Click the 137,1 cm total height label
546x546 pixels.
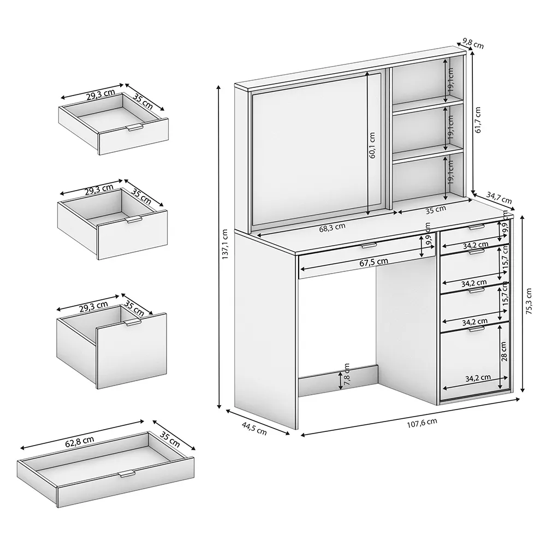click(225, 244)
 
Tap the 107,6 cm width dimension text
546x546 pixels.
click(422, 423)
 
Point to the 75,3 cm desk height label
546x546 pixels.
click(529, 301)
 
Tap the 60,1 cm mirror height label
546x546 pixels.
click(372, 145)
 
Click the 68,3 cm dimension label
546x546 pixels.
click(333, 227)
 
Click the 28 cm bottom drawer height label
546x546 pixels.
click(503, 351)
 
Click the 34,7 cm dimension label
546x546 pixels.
click(499, 198)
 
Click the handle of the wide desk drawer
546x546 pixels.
click(369, 246)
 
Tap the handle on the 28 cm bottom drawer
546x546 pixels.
click(476, 329)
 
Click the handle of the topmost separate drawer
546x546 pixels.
click(135, 128)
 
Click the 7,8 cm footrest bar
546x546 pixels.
click(338, 381)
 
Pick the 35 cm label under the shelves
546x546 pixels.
click(436, 210)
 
